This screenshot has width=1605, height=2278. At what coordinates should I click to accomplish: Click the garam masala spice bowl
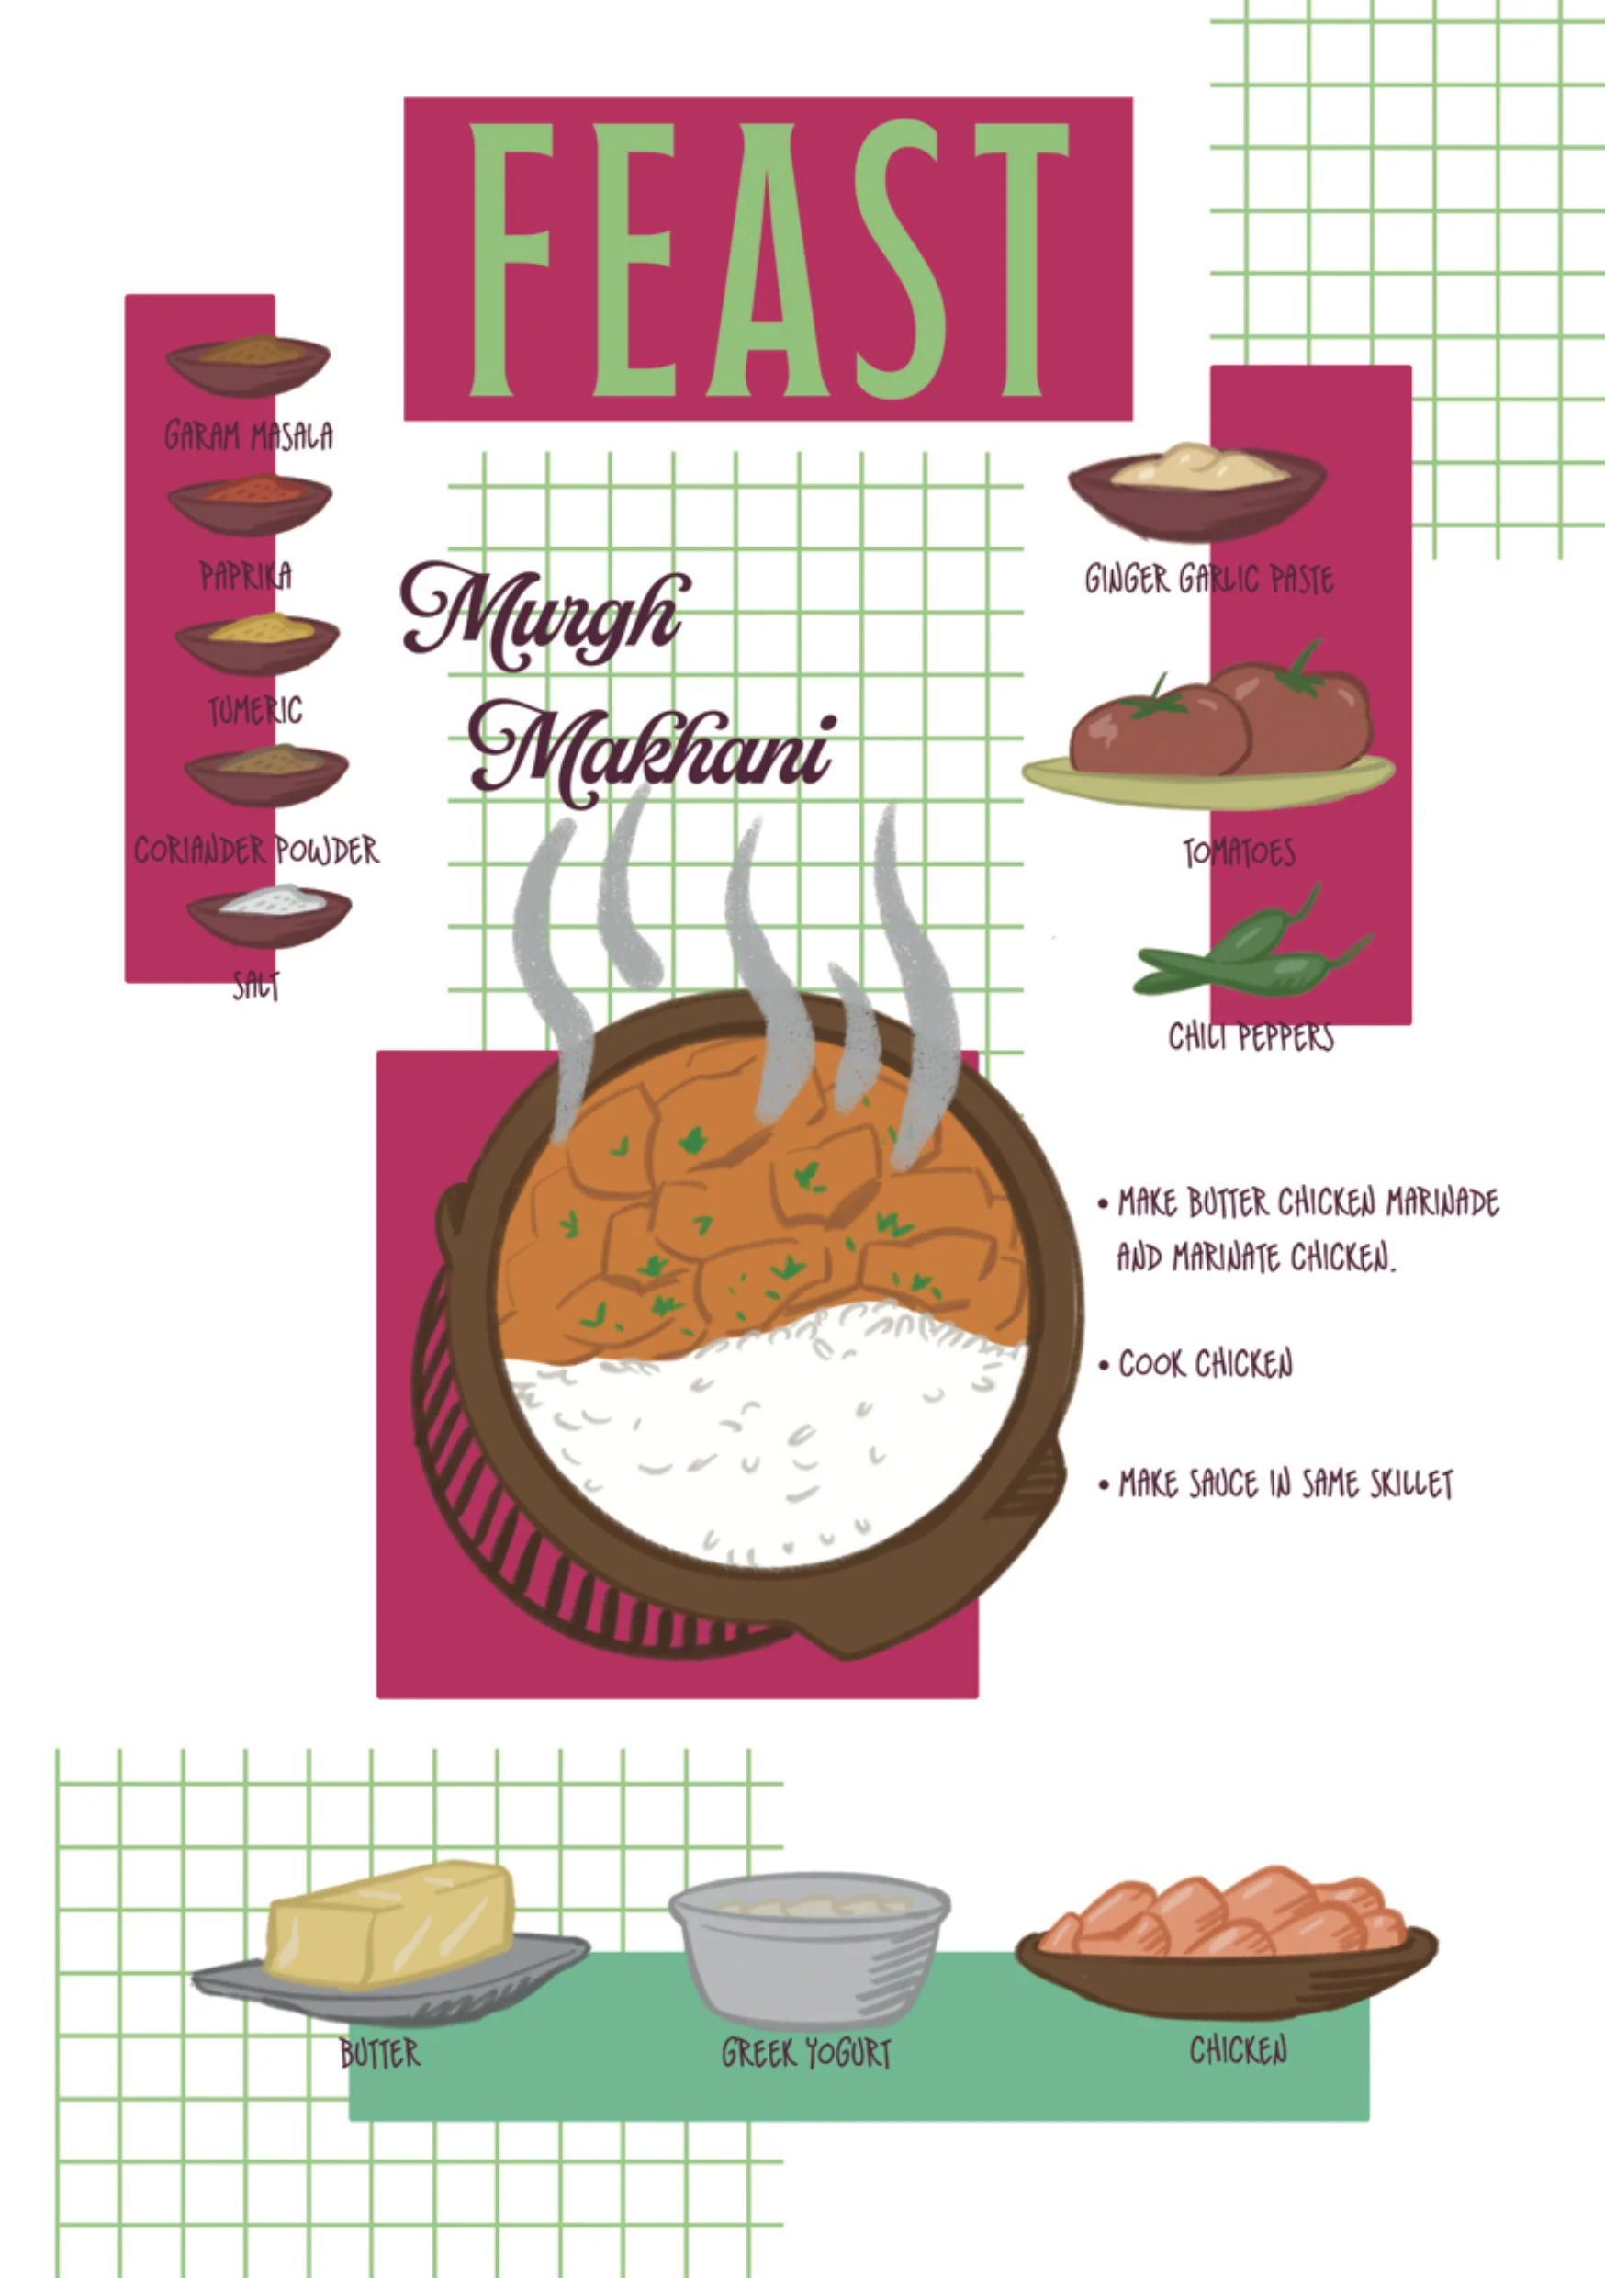tap(248, 364)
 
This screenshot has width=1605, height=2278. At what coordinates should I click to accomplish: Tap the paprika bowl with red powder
tap(250, 504)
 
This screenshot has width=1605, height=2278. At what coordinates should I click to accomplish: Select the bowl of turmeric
tap(258, 643)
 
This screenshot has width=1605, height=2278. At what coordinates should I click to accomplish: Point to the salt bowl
tap(269, 915)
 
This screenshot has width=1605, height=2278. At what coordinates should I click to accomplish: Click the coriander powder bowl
tap(267, 775)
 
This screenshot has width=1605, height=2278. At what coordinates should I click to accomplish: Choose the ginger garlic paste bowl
tap(1197, 491)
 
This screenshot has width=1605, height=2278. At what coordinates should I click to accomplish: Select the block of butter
tap(388, 1147)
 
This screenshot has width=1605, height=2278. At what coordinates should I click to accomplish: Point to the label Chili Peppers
tap(1251, 1037)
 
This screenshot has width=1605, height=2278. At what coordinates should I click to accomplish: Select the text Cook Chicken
tap(1206, 1364)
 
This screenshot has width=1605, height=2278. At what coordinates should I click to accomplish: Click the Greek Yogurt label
tap(806, 2053)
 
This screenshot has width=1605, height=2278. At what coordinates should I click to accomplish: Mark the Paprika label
tap(246, 575)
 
